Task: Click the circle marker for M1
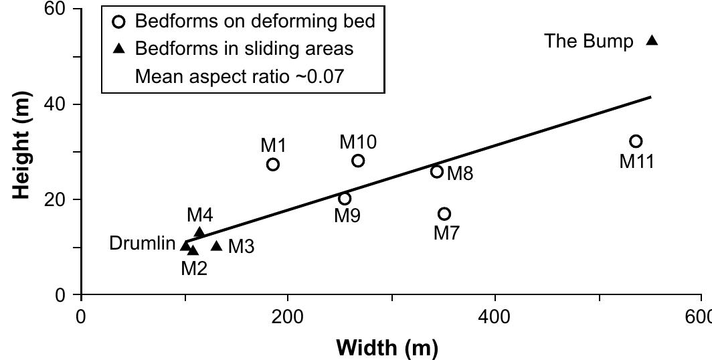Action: click(x=272, y=164)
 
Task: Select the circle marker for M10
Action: click(x=358, y=161)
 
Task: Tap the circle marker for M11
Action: click(x=636, y=141)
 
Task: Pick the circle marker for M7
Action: click(x=444, y=213)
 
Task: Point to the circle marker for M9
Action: click(x=345, y=199)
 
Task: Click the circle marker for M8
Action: click(x=437, y=171)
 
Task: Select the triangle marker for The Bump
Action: click(x=652, y=41)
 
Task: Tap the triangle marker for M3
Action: click(x=216, y=246)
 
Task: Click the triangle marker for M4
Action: click(x=199, y=232)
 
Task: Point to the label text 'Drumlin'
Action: click(x=142, y=244)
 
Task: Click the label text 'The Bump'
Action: click(x=589, y=41)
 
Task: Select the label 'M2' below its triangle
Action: click(x=194, y=268)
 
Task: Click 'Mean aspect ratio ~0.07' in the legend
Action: click(x=239, y=76)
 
